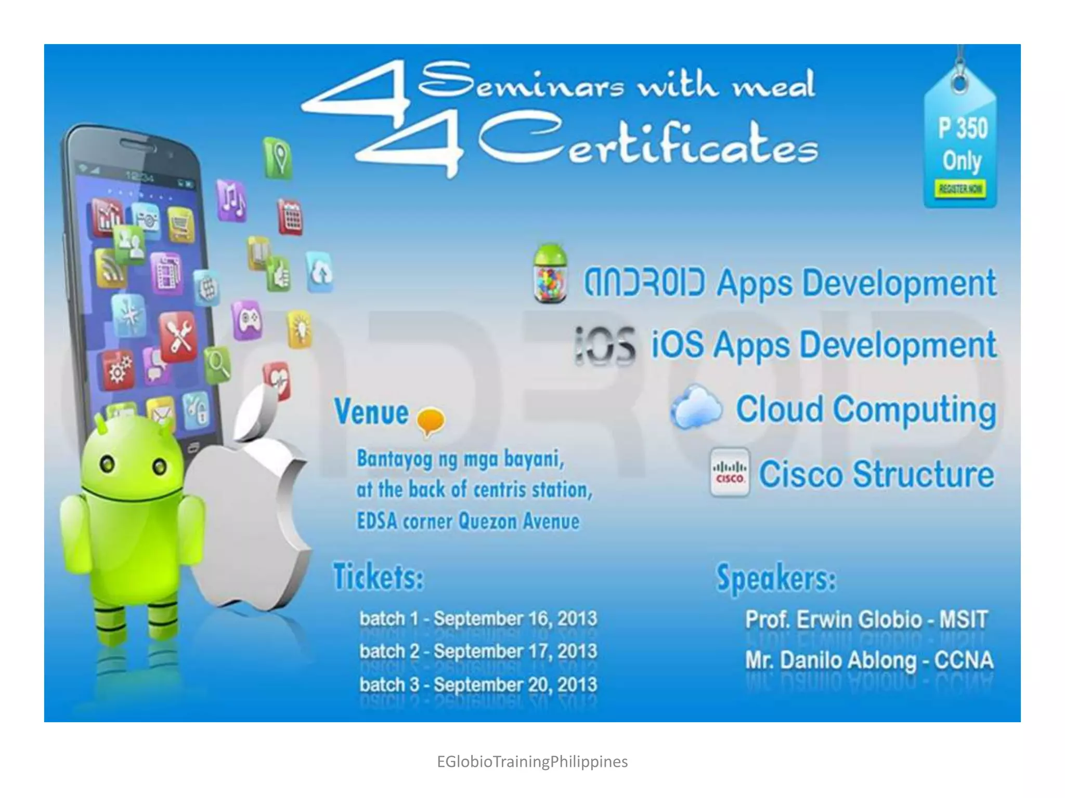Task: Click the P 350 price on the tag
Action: pos(963,128)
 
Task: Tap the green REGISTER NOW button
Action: pos(960,189)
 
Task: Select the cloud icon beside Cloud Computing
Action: pos(696,407)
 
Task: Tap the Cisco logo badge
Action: pos(730,473)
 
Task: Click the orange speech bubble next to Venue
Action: pos(431,420)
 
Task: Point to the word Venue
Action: pos(371,412)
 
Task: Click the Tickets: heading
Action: pos(378,577)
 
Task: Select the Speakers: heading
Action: pos(776,578)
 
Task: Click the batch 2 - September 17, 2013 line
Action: pos(478,651)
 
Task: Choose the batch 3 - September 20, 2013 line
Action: pos(478,684)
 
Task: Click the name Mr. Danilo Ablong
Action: pos(830,660)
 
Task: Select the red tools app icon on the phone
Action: pos(178,337)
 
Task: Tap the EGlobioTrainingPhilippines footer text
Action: pos(532,762)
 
